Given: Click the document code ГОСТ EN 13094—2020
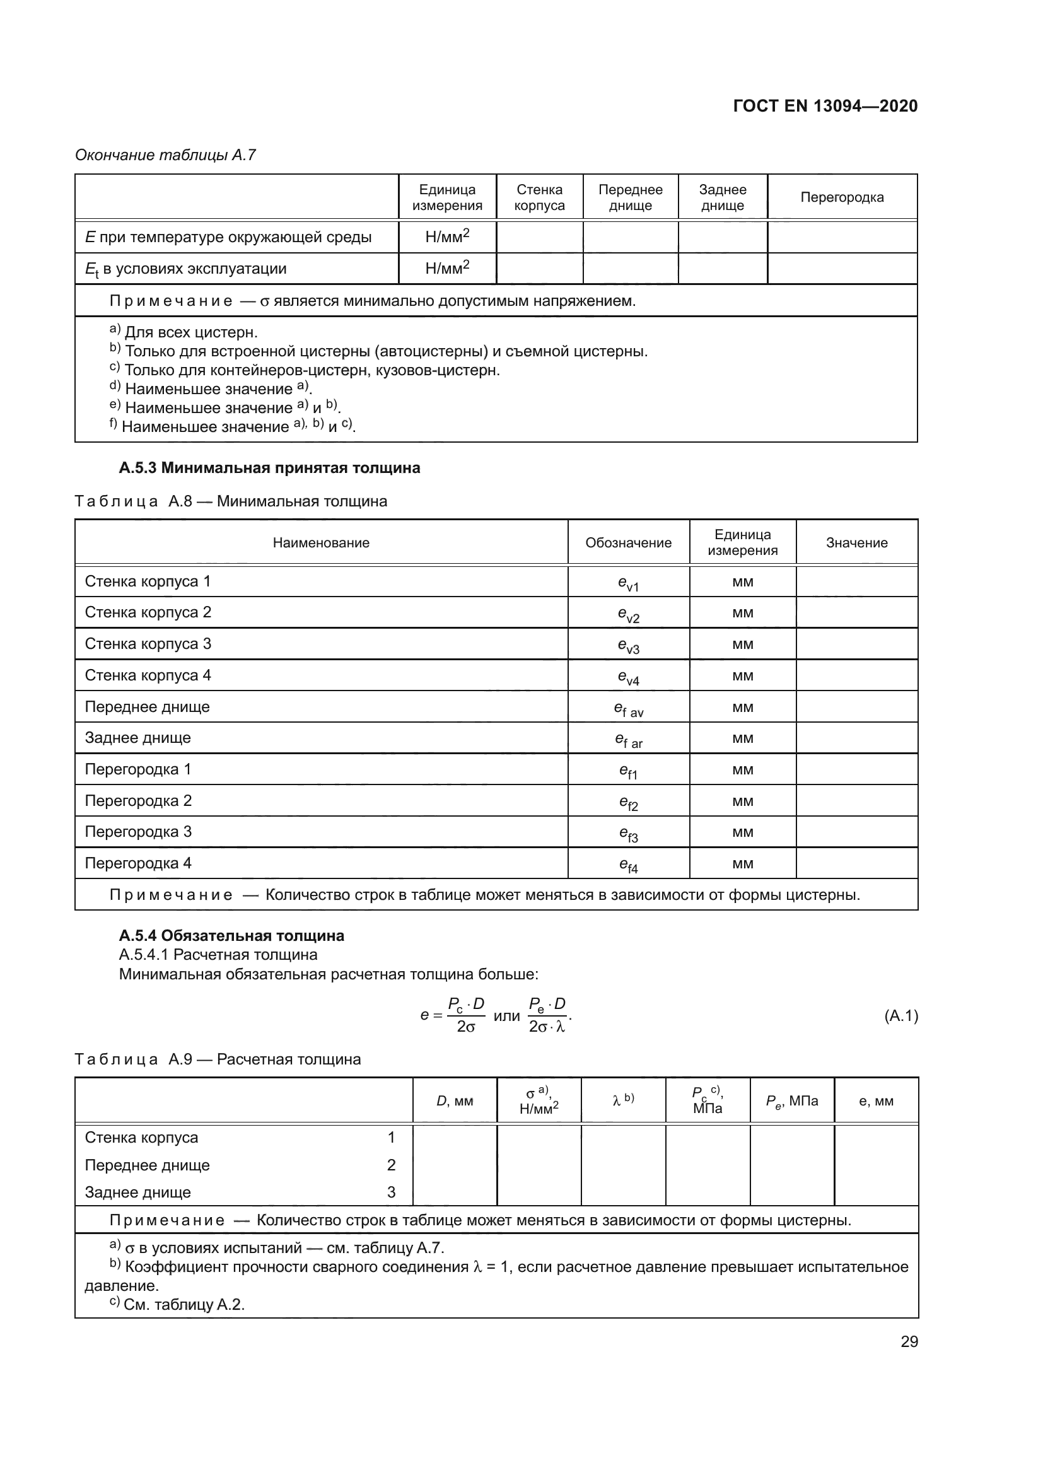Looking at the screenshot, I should click(x=825, y=106).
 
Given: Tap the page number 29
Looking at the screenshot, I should click(x=909, y=1341).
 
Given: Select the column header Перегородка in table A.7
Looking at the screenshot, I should click(x=841, y=197).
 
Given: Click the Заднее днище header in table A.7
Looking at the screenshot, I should click(x=723, y=197).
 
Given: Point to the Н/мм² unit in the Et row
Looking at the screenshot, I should click(x=447, y=269).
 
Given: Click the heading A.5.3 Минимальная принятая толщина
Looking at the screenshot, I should click(x=269, y=468).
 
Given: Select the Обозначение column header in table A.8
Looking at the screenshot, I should click(x=628, y=543).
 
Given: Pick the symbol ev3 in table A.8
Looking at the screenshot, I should click(x=628, y=645).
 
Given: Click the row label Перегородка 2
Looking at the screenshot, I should click(x=138, y=800).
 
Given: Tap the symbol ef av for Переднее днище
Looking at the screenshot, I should click(x=628, y=709).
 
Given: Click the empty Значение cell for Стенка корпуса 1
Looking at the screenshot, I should click(x=857, y=581).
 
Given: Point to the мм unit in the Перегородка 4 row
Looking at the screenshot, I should click(x=742, y=863).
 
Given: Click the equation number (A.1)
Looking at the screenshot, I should click(x=901, y=1016).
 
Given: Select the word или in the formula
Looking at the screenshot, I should click(x=506, y=1016).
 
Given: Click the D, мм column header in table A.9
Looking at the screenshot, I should click(x=455, y=1101).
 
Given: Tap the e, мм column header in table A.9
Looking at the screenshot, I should click(x=876, y=1101).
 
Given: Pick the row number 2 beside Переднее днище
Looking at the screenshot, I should click(x=391, y=1165).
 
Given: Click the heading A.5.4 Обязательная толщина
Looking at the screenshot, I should click(x=231, y=935).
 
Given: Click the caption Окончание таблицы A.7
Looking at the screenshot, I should click(x=165, y=155).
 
